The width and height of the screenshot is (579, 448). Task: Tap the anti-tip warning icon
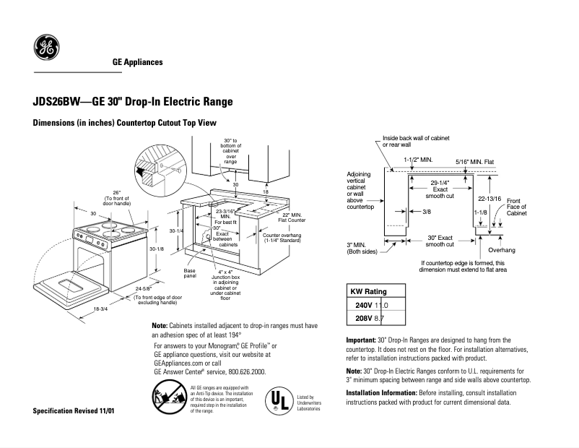[x=168, y=398]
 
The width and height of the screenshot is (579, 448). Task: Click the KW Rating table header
[x=369, y=292]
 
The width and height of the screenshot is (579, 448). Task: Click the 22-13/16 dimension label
[x=489, y=197]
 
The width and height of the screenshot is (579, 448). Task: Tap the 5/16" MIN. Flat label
[x=474, y=161]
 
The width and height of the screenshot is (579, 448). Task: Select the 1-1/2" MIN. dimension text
[x=417, y=158]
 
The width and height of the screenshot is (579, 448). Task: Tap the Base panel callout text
[x=190, y=272]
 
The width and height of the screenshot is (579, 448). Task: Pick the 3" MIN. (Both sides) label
[x=362, y=249]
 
